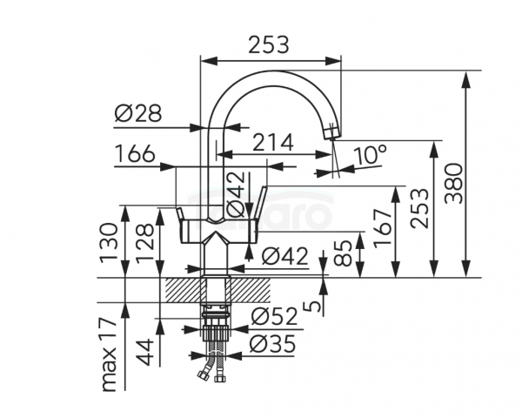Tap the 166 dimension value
coord(135,153)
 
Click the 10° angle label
coord(370,156)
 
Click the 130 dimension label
coord(109,240)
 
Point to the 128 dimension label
coord(144,241)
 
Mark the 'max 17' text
coord(109,355)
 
